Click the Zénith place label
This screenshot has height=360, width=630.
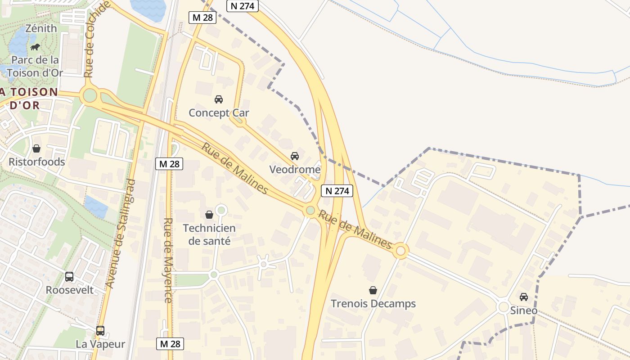point(41,28)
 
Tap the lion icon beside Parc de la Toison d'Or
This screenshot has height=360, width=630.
point(35,47)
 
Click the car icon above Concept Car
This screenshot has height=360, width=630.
point(219,99)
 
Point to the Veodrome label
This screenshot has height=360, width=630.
point(295,170)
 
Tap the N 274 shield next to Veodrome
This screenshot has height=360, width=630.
point(337,191)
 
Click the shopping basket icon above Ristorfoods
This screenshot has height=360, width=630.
point(36,148)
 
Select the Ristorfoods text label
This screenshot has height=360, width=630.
point(37,162)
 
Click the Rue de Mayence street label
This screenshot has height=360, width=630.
point(168,260)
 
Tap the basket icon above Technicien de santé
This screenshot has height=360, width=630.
point(209,215)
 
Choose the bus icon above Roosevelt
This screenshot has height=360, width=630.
point(69,277)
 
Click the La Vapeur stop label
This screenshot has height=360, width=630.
point(100,344)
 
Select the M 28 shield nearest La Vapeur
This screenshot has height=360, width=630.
point(170,344)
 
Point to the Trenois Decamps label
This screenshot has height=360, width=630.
point(373,304)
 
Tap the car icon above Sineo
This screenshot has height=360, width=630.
point(524,297)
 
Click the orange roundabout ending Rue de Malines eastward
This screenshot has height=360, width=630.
point(400,251)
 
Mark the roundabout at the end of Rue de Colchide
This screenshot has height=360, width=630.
point(90,95)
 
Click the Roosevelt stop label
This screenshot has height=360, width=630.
point(70,290)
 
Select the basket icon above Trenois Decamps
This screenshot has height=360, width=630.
point(373,290)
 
